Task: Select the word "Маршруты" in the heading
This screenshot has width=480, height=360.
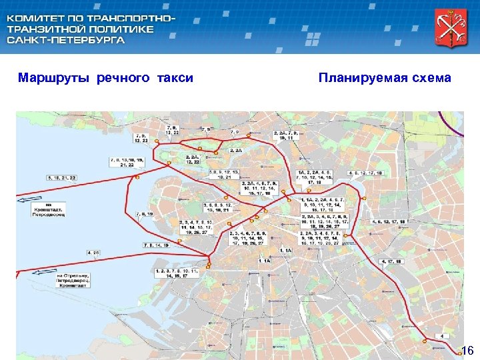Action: click(x=55, y=78)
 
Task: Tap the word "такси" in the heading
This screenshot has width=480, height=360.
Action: click(x=175, y=78)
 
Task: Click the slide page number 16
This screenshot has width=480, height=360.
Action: click(x=467, y=351)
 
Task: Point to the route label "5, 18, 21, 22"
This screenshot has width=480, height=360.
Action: click(x=62, y=178)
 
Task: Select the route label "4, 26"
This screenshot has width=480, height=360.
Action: click(x=93, y=253)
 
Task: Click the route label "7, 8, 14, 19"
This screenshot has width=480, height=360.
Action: click(x=157, y=245)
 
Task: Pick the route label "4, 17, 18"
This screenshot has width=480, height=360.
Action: click(x=391, y=262)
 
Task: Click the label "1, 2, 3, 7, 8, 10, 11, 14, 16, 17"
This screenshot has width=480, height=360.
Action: click(x=177, y=272)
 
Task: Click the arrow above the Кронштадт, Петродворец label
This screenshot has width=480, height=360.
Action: click(x=32, y=199)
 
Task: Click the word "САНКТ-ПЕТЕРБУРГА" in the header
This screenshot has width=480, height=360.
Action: click(x=65, y=41)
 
